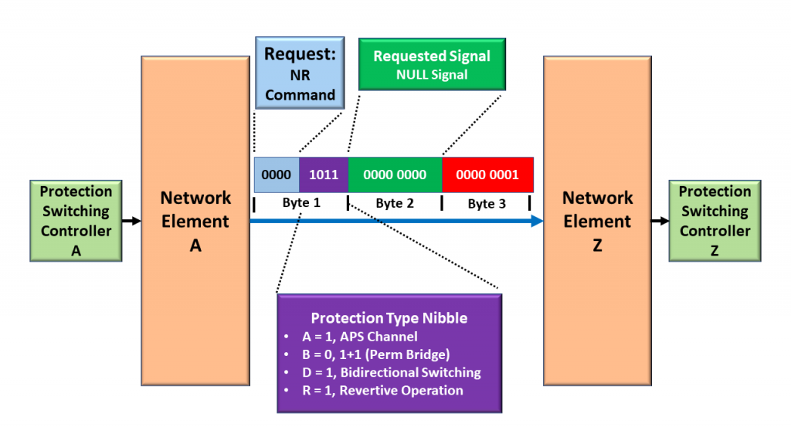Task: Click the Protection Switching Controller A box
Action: point(76,221)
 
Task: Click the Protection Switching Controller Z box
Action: point(715,221)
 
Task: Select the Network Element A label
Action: point(195,221)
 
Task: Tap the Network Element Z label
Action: point(597,221)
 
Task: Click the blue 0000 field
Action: point(277,175)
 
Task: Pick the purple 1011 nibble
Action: point(324,175)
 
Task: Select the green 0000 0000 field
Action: point(395,175)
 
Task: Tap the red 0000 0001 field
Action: point(487,175)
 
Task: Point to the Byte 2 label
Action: point(395,203)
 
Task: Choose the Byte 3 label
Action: point(487,203)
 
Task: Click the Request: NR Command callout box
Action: point(300,74)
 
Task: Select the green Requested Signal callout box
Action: point(432,65)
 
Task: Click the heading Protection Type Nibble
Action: point(389,318)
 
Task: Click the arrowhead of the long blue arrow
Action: point(537,221)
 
